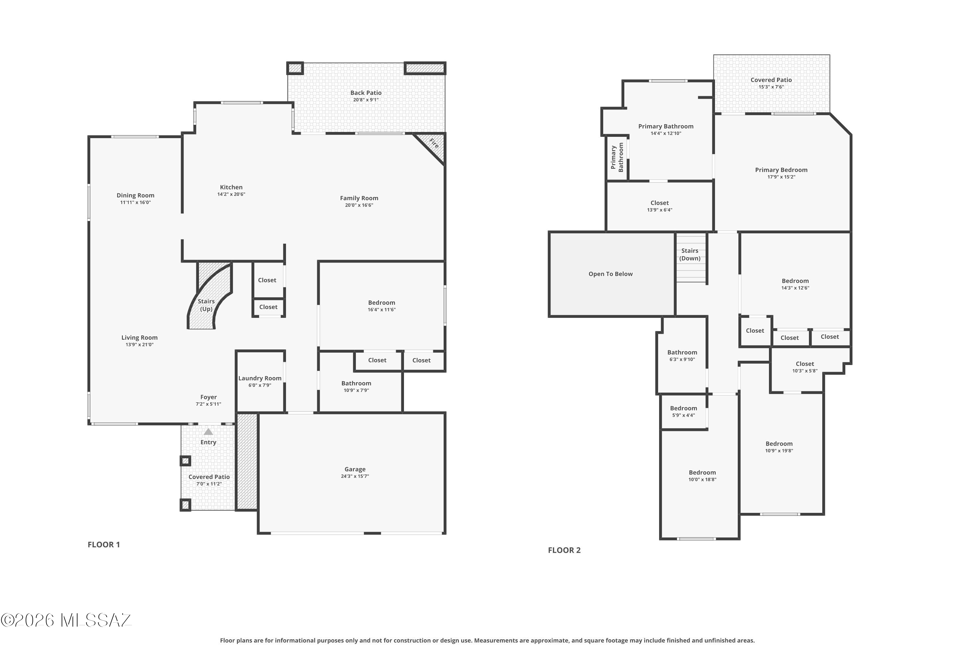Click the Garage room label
coord(355,469)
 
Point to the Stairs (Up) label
coord(206,305)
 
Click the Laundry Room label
coord(260,378)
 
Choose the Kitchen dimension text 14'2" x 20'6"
coord(231,194)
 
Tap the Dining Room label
coord(136,195)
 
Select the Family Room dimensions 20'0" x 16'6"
coord(359,205)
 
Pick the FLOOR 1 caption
coord(104,545)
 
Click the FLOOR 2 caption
coord(564,550)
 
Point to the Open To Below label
coord(611,274)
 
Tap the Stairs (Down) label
coord(690,254)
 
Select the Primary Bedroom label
coord(781,170)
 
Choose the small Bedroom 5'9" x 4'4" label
coord(683,411)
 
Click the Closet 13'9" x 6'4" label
coord(659,206)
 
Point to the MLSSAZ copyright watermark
coord(66,620)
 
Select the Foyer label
coord(209,397)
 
